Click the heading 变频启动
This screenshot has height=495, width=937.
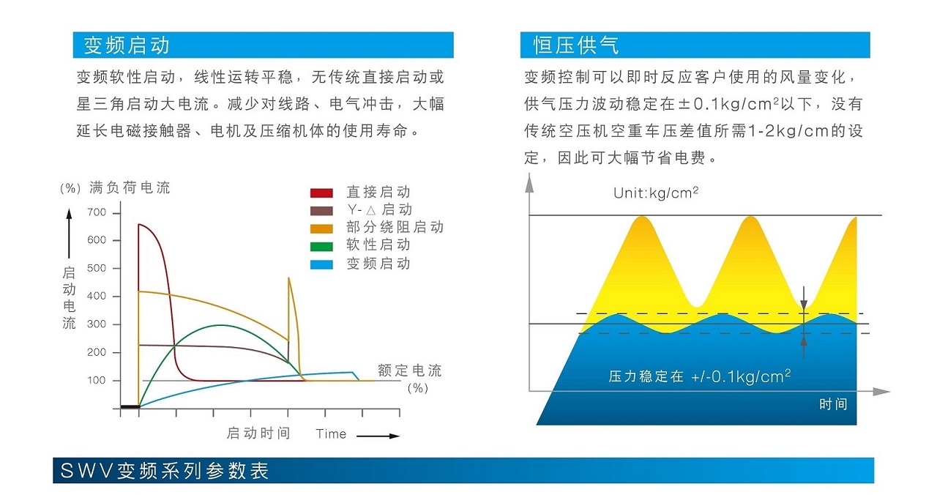(x=126, y=45)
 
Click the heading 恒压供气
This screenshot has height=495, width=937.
(x=575, y=45)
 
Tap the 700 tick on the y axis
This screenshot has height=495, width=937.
(x=97, y=212)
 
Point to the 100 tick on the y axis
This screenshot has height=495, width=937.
(x=97, y=380)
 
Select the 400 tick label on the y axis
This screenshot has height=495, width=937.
(x=97, y=296)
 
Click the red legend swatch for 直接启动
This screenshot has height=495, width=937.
(x=321, y=193)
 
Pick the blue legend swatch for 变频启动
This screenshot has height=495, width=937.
(x=321, y=264)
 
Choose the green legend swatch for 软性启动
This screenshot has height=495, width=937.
(x=321, y=246)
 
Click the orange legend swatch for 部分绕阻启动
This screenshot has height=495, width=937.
(x=321, y=228)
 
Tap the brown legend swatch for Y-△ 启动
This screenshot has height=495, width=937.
(x=321, y=211)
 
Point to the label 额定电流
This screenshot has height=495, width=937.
(x=409, y=371)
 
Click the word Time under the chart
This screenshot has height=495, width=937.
(x=331, y=434)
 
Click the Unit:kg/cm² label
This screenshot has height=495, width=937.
(x=655, y=193)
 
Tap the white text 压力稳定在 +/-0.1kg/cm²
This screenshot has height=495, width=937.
(x=699, y=376)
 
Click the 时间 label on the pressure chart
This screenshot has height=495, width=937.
(x=833, y=403)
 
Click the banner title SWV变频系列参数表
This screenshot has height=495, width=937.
(x=165, y=471)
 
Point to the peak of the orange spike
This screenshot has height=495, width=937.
(x=289, y=278)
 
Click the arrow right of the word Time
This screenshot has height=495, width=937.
(x=378, y=436)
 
